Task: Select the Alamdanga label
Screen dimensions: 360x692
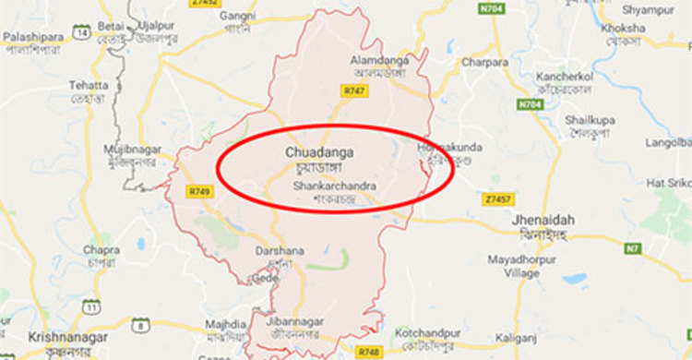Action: [x=373, y=59]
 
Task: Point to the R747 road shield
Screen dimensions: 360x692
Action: [x=353, y=90]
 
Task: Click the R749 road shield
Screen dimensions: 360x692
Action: [x=199, y=191]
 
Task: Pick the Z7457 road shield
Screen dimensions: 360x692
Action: [x=497, y=198]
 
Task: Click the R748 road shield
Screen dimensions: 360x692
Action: [x=369, y=352]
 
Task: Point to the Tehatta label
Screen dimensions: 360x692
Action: [x=89, y=85]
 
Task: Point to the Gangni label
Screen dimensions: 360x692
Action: [x=237, y=17]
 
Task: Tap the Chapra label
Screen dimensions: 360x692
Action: [x=101, y=249]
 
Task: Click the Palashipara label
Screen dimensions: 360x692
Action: [x=32, y=36]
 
